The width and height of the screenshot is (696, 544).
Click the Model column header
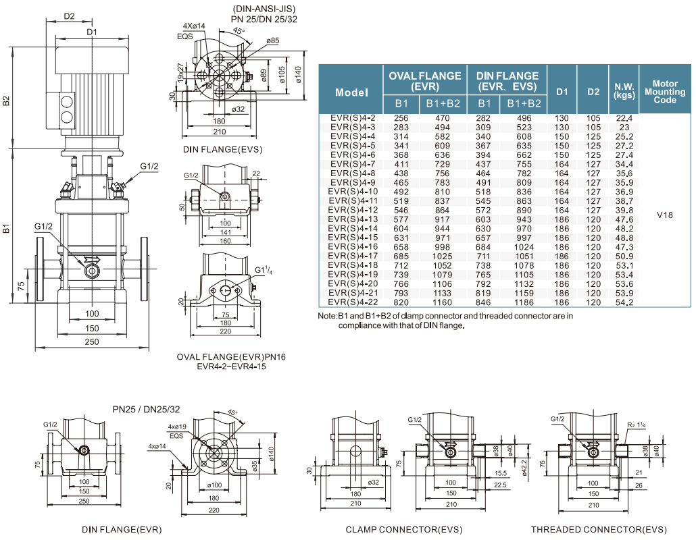tap(351, 92)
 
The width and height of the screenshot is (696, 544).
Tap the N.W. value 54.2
tap(624, 302)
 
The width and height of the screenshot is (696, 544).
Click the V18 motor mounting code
tap(664, 215)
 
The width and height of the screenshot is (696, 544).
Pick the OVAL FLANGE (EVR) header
tap(425, 81)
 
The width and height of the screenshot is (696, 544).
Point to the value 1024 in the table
tap(524, 247)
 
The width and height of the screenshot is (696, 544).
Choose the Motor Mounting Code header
tap(665, 92)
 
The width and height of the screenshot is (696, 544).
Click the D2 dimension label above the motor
tap(69, 16)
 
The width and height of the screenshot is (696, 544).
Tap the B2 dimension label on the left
tap(6, 101)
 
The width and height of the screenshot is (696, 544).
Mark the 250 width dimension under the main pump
tap(92, 342)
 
